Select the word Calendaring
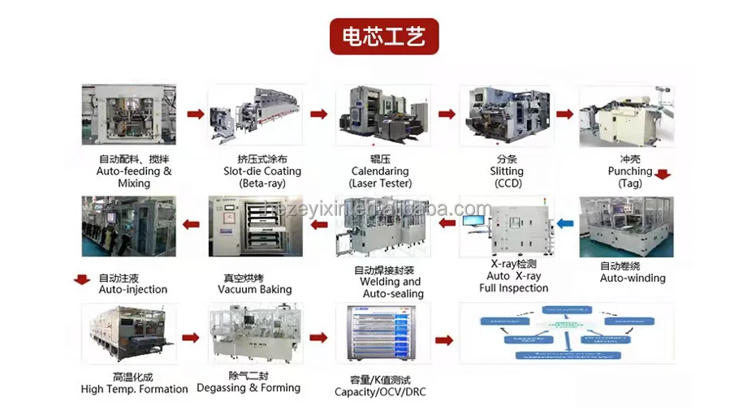[x=379, y=171]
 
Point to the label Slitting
[x=507, y=171]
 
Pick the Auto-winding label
[x=632, y=278]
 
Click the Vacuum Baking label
[x=254, y=289]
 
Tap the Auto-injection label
[x=132, y=289]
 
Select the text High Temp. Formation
[x=134, y=389]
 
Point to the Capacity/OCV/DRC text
[x=380, y=392]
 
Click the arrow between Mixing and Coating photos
[x=194, y=114]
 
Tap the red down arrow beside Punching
[x=663, y=175]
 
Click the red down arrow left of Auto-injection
[x=81, y=280]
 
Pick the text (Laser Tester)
[x=379, y=184]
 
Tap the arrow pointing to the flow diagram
[x=443, y=340]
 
